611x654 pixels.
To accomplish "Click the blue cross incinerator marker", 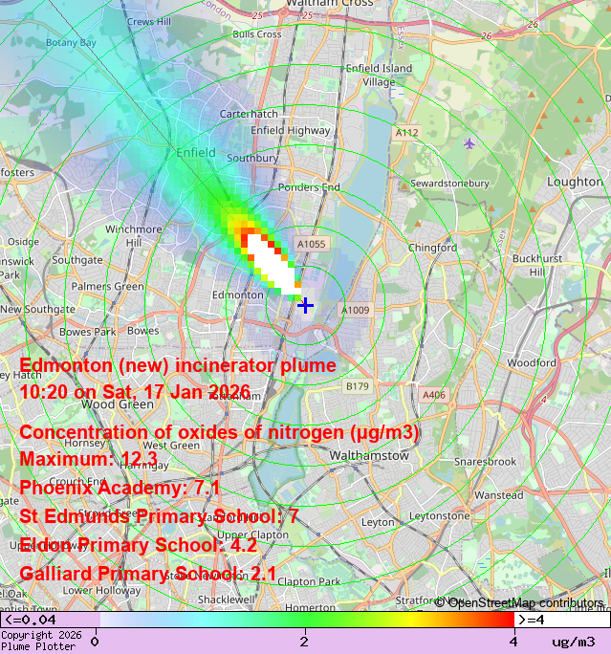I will point(305,305).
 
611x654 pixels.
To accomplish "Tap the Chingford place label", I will point(432,248).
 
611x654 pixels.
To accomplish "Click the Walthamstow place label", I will point(368,456).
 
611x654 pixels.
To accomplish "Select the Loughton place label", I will point(575,182).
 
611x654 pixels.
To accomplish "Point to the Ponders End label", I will point(309,187).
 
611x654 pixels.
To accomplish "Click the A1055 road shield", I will point(311,245).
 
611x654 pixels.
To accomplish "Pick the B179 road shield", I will point(357,386).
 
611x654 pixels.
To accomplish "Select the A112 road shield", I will point(406,133).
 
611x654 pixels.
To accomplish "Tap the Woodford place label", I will point(531,363).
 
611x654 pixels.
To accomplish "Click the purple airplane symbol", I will point(469,143).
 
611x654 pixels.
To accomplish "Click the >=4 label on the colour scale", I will point(532,620).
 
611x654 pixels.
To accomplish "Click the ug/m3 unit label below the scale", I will point(574,642).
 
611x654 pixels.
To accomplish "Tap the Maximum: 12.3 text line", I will point(88,459).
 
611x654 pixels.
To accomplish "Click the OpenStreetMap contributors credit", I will point(520,602).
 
